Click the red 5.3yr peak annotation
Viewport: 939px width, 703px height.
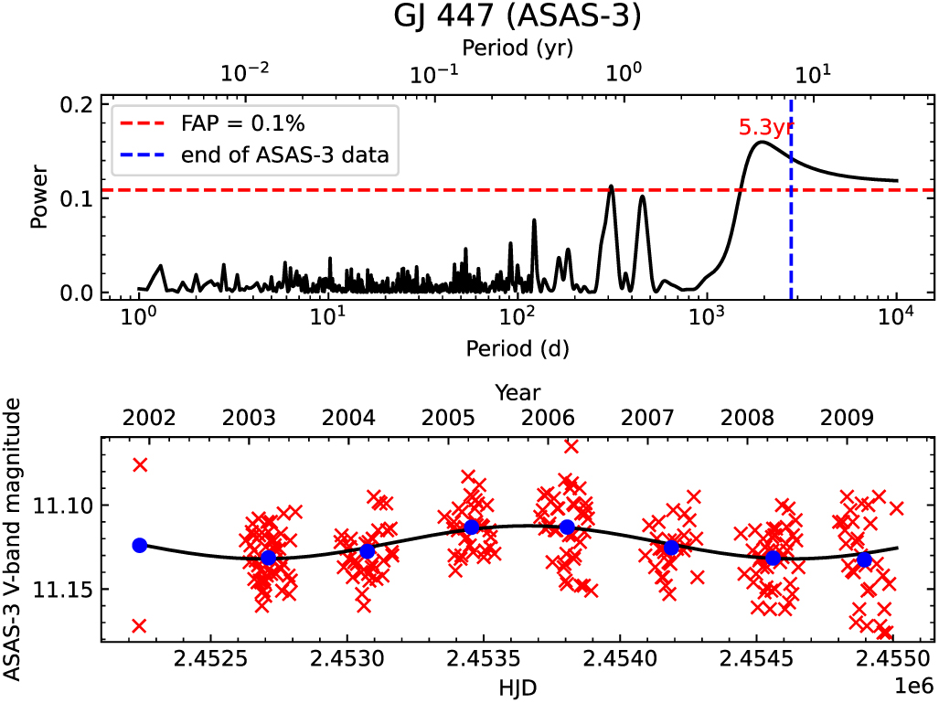[765, 128]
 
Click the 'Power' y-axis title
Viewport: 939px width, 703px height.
[38, 197]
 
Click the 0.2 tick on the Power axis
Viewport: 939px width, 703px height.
[79, 103]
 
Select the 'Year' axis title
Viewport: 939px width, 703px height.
[518, 392]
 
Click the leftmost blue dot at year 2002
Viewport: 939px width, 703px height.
[140, 545]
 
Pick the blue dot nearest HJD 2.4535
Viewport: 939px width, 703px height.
[472, 527]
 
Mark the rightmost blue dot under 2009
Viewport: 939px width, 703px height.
[864, 559]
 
